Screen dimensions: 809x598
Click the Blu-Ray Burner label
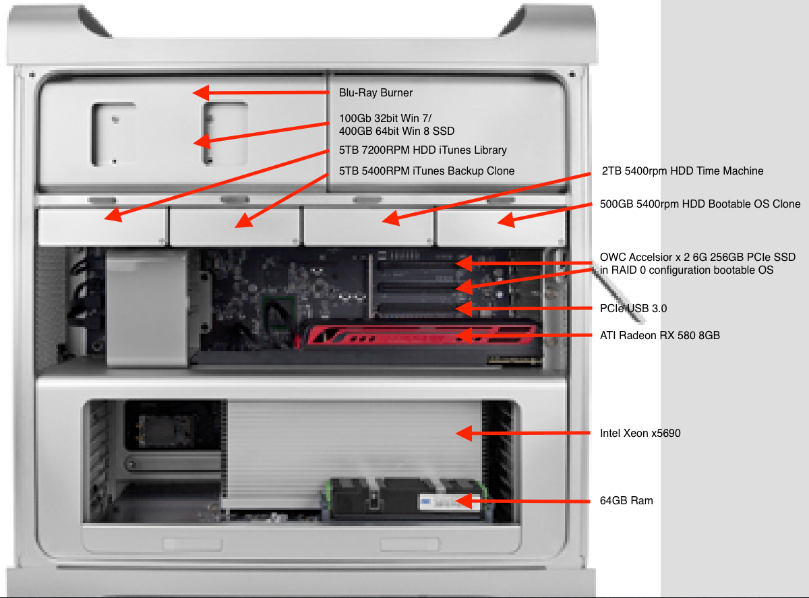[x=376, y=92]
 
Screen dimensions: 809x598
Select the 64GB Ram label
[x=626, y=501]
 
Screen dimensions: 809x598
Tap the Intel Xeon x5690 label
[x=640, y=433]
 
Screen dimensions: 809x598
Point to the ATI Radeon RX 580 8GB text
[x=660, y=335]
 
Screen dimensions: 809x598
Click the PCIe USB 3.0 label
[x=633, y=308]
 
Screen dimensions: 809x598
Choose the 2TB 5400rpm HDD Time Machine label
[x=682, y=171]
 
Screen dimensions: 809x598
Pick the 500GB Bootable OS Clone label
[x=700, y=204]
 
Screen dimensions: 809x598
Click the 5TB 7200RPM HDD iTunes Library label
[x=423, y=150]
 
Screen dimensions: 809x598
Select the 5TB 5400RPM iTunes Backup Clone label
[x=427, y=171]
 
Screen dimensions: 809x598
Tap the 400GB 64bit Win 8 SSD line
[x=396, y=131]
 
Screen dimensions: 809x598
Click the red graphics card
[x=419, y=336]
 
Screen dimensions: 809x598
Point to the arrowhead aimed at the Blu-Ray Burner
[x=202, y=92]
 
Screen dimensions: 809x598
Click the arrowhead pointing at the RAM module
[x=464, y=502]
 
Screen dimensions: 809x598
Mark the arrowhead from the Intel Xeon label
[x=464, y=433]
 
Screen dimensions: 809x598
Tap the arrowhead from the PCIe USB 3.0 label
[x=464, y=308]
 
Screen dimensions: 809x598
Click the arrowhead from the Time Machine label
[x=391, y=219]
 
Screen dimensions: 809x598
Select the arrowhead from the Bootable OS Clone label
[x=506, y=220]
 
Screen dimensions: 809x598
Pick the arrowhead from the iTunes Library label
[x=113, y=215]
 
